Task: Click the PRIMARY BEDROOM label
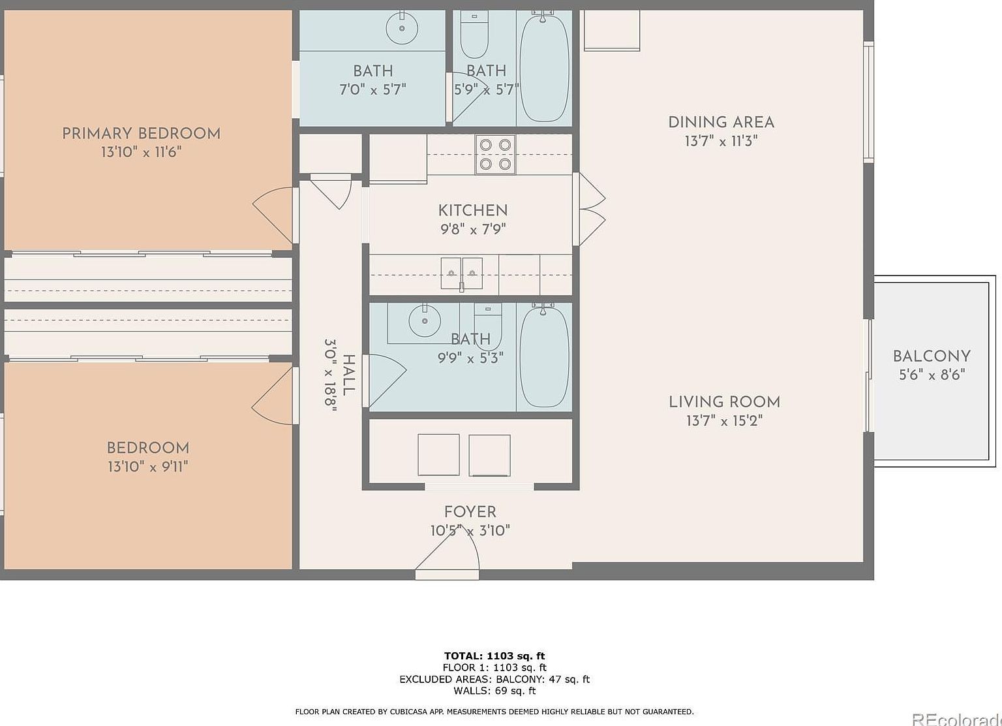141,133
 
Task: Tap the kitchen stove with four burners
495,155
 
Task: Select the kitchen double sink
461,273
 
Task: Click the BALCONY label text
932,356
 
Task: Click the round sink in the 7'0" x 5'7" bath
401,28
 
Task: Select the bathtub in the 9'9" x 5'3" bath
544,356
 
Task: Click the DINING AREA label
721,122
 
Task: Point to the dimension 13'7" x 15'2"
724,420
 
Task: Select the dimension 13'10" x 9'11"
148,467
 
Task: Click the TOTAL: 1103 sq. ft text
494,655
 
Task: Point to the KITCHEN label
473,210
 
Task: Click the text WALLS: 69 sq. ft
494,691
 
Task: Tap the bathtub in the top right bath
544,69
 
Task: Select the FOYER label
470,512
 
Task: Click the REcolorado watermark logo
956,719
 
